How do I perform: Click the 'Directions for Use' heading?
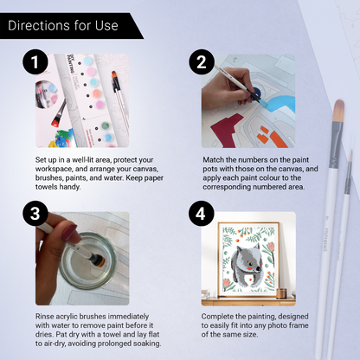click(61, 25)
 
